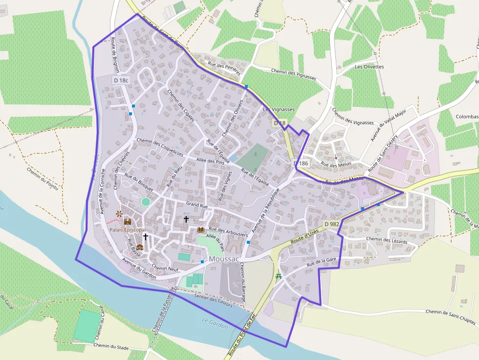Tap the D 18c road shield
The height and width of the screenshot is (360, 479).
tap(121, 80)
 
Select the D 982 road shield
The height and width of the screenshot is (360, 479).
tap(331, 224)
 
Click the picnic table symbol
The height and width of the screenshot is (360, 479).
tap(279, 276)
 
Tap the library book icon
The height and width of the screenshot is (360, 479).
tap(200, 229)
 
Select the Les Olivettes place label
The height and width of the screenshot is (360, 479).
tap(369, 66)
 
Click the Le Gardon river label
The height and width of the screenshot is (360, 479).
tap(215, 322)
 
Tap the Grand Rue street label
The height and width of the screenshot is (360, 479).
tap(197, 206)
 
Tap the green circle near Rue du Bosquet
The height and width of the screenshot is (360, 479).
tap(145, 201)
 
